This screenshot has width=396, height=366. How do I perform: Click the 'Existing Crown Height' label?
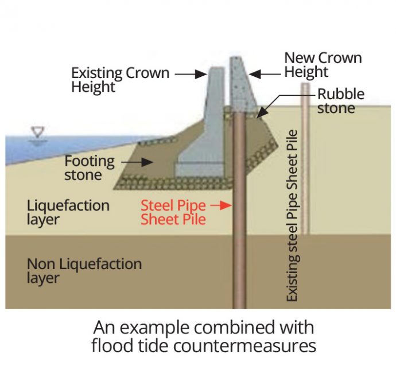[120, 80]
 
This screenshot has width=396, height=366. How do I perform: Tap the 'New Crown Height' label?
[323, 65]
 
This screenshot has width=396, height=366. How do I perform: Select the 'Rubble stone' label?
[341, 101]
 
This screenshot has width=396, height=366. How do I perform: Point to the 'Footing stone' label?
[90, 168]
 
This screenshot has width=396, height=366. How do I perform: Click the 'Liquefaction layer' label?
[68, 212]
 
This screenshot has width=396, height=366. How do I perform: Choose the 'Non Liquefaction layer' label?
[84, 271]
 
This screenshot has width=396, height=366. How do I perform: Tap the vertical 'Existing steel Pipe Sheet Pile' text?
[293, 216]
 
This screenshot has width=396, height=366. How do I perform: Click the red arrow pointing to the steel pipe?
[221, 205]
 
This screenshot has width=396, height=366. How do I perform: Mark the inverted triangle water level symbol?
[39, 133]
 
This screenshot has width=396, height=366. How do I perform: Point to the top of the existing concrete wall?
[216, 71]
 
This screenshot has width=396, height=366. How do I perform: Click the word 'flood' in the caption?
[114, 346]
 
